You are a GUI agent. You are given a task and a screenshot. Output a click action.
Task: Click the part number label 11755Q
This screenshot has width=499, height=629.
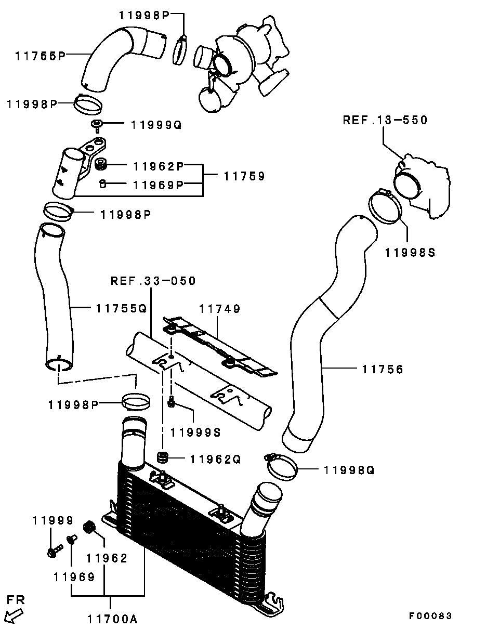(121, 308)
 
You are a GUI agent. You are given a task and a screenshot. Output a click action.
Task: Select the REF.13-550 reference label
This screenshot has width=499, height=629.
(385, 120)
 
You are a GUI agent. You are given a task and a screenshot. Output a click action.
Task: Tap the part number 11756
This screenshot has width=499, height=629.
(383, 370)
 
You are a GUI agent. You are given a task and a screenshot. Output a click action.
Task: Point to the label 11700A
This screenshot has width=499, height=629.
(113, 619)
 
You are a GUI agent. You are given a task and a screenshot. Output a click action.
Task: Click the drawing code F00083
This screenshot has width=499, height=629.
(430, 616)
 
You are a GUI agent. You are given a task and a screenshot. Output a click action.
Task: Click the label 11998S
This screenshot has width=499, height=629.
(410, 253)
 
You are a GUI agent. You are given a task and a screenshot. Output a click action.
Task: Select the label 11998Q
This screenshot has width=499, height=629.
(349, 470)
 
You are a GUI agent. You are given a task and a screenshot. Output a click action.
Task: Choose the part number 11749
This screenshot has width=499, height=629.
(219, 309)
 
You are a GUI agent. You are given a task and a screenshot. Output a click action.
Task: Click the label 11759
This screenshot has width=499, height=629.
(244, 176)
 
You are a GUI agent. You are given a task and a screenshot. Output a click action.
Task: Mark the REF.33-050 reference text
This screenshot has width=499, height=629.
(153, 281)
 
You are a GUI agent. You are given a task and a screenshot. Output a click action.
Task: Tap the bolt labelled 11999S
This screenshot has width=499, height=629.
(171, 403)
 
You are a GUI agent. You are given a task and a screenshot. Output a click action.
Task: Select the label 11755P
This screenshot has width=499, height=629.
(40, 56)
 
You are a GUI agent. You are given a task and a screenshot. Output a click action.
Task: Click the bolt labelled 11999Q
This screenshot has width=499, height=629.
(97, 126)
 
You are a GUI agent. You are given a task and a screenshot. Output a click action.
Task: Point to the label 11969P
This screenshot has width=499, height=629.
(159, 185)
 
